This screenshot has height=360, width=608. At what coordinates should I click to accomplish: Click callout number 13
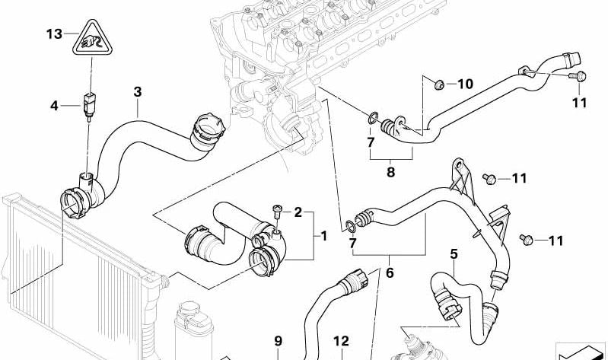[x=53, y=34]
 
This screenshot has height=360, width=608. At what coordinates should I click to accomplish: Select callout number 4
[x=54, y=105]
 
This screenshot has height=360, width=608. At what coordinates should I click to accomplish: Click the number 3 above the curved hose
[x=138, y=92]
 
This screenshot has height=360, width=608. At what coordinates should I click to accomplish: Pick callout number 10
[x=465, y=84]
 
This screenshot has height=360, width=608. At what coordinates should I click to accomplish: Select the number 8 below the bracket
[x=390, y=172]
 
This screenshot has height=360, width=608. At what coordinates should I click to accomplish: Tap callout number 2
[x=298, y=212]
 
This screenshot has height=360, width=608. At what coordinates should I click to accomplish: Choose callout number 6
[x=390, y=271]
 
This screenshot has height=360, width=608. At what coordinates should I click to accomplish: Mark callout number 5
[x=454, y=253]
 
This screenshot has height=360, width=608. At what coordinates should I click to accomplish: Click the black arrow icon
[x=582, y=350]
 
